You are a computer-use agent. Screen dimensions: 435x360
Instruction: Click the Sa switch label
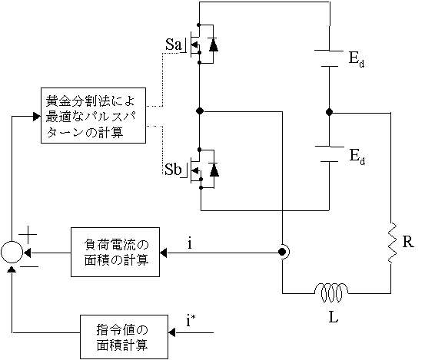click(173, 45)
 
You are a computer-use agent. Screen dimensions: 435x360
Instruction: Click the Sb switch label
click(173, 169)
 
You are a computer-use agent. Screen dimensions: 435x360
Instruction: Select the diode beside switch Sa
click(213, 45)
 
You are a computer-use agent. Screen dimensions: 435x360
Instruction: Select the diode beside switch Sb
click(214, 170)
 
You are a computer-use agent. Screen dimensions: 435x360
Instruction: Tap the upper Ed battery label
click(357, 59)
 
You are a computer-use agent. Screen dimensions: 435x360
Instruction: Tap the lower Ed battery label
click(357, 157)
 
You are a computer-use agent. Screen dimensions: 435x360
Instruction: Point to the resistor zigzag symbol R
click(392, 243)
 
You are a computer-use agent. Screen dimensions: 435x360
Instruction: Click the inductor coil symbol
click(331, 292)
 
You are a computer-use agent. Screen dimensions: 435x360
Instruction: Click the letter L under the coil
click(334, 318)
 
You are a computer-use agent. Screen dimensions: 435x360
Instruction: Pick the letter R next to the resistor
click(408, 242)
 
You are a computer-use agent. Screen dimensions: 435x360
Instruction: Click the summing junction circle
click(12, 252)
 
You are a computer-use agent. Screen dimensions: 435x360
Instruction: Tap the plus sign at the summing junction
click(28, 235)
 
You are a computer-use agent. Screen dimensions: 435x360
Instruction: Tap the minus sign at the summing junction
click(29, 267)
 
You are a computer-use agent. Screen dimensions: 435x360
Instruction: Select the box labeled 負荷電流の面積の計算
click(115, 252)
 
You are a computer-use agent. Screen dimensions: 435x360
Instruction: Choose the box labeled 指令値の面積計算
click(124, 337)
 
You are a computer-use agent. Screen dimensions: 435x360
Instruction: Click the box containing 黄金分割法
click(93, 115)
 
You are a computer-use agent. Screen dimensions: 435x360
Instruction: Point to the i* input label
click(191, 321)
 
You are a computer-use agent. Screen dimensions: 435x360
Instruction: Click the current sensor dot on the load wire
click(282, 252)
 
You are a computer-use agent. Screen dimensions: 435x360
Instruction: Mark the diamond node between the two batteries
click(329, 112)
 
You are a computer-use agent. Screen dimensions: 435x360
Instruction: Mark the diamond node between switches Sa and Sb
click(200, 111)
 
